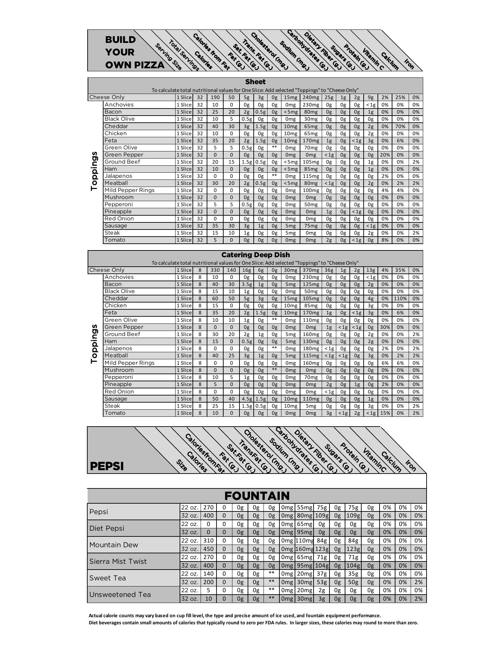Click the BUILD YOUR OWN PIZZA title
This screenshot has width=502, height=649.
(x=134, y=52)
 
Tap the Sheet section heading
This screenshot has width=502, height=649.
(x=255, y=82)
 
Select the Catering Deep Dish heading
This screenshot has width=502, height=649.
(x=255, y=255)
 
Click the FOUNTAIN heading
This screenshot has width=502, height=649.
(x=257, y=496)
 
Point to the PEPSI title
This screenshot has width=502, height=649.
(x=107, y=466)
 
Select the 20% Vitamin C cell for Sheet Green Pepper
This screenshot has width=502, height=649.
(x=385, y=155)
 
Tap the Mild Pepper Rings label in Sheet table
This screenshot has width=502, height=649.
(x=129, y=190)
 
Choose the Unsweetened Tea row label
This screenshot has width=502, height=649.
(x=120, y=594)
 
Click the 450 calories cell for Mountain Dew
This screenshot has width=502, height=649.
(x=208, y=549)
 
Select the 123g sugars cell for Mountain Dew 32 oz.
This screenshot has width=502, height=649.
(x=353, y=549)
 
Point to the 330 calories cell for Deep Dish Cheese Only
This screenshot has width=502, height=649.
(x=215, y=270)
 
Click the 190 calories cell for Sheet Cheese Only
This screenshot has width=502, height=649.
(x=215, y=97)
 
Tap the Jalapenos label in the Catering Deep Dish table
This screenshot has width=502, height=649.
(x=118, y=348)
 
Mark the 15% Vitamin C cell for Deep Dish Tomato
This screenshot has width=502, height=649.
(x=385, y=413)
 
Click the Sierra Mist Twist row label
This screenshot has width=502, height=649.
(x=118, y=561)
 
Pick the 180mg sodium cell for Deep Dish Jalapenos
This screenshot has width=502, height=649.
(x=311, y=348)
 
